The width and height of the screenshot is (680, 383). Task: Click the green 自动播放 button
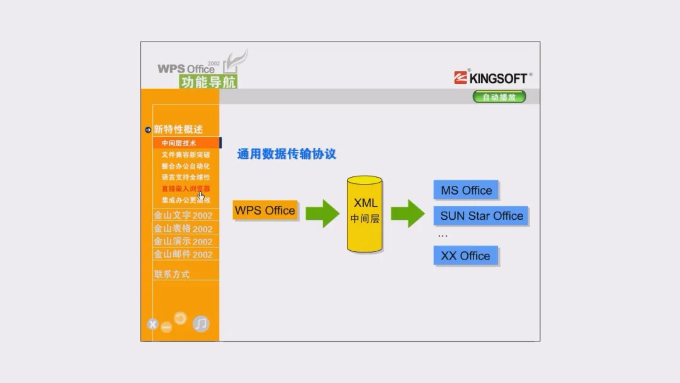pos(499,97)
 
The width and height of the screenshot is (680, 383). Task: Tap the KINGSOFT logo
pos(492,78)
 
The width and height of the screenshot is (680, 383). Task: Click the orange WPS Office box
pos(265,210)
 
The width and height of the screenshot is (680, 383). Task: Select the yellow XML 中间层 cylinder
pos(365,214)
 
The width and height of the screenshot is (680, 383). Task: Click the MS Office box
pos(467,190)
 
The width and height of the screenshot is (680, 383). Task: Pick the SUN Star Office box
pos(481,216)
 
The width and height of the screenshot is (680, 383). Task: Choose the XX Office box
pos(465,256)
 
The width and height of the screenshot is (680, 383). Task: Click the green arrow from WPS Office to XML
pos(322,213)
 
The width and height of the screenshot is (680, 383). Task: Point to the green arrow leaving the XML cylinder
pos(407,213)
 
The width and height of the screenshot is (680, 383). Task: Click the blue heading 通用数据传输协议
pos(286,154)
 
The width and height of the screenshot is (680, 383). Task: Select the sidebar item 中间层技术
pos(179,143)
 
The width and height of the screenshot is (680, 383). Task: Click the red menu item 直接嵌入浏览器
pos(185,188)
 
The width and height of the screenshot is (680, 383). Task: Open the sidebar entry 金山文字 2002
pos(183,215)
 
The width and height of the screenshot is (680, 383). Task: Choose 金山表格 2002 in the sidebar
pos(183,229)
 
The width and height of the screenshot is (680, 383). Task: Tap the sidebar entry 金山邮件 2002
pos(183,254)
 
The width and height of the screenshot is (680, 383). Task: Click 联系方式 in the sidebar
pos(172,274)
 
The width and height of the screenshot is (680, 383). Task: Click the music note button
pos(201,324)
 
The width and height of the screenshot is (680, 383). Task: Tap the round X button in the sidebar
pos(152,325)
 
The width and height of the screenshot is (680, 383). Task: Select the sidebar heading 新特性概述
pos(178,129)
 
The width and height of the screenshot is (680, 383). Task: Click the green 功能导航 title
pos(208,82)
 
